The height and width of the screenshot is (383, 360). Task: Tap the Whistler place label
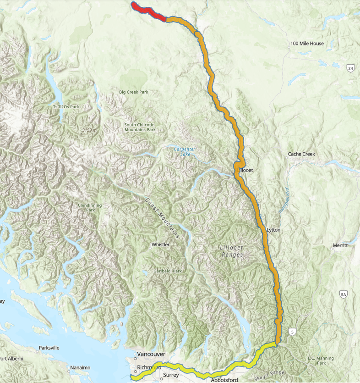tap(160, 244)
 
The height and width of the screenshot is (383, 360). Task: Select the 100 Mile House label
tap(307, 44)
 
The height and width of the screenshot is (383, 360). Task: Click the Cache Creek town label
tap(301, 154)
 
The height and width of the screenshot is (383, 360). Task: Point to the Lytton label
tap(273, 229)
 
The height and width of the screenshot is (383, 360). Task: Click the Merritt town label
tap(340, 245)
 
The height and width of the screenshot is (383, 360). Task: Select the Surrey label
tap(170, 375)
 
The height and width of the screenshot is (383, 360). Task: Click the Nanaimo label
tap(81, 367)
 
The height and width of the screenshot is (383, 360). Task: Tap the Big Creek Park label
tap(134, 92)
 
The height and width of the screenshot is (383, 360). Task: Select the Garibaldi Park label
tap(168, 271)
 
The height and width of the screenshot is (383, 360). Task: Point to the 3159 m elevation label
tap(90, 130)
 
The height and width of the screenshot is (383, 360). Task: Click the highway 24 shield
tap(350, 68)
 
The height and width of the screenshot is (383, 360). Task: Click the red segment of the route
tap(149, 11)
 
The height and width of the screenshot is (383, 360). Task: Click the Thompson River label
tap(284, 200)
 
